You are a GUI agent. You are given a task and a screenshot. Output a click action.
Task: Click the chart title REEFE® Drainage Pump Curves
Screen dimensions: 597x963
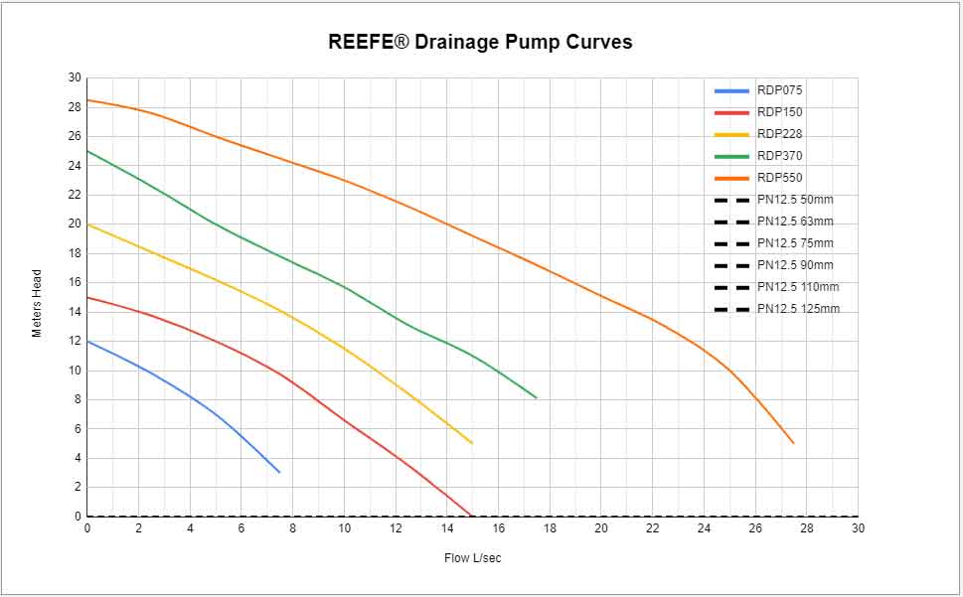pos(480,42)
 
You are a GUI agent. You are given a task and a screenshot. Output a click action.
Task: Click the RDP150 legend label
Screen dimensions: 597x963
pos(779,112)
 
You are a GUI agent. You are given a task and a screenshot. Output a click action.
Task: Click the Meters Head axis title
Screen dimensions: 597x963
pos(37,303)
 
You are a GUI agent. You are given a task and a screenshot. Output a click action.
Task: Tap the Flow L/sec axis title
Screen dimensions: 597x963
pos(472,558)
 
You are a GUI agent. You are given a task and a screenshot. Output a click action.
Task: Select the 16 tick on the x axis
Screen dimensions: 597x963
pos(498,528)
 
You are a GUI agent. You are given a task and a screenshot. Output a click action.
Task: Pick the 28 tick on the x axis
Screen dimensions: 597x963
pos(806,528)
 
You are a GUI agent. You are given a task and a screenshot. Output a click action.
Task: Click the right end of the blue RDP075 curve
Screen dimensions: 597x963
pos(279,472)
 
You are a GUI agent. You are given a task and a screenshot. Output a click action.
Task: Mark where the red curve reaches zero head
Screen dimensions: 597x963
pos(472,516)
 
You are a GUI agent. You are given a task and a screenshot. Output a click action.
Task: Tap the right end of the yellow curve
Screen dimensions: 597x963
pos(472,443)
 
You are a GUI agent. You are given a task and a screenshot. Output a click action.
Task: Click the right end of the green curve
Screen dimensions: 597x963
pos(537,398)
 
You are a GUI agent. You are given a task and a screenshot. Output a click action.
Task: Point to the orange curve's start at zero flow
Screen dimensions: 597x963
pos(87,100)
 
